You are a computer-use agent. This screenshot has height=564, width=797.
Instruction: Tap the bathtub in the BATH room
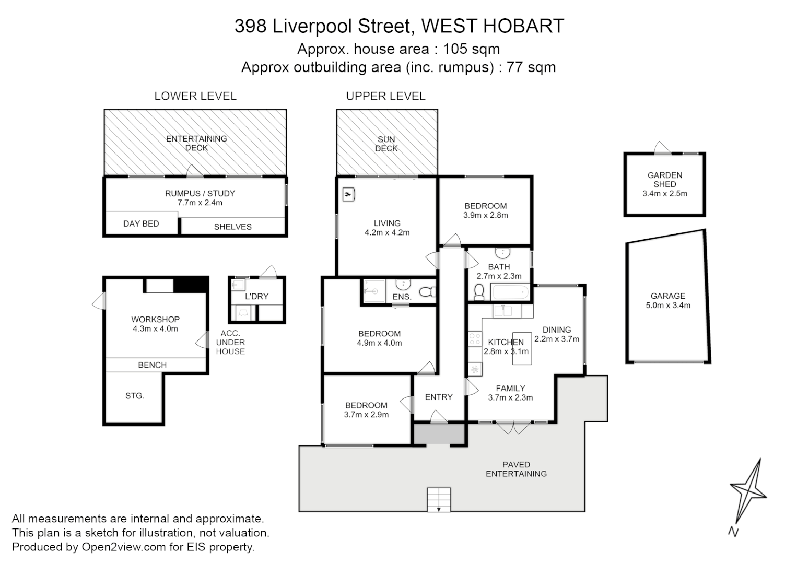(x=510, y=292)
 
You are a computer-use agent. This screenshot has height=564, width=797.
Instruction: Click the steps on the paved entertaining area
(x=439, y=500)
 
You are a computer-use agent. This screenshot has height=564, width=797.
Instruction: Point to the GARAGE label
(x=667, y=296)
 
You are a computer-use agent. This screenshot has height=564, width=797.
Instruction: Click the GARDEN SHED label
(x=665, y=180)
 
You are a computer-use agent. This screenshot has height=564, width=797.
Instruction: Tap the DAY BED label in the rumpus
(x=141, y=224)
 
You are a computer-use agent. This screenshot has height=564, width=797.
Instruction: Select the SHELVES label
(x=232, y=227)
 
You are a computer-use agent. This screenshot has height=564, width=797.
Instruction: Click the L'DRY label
(x=256, y=296)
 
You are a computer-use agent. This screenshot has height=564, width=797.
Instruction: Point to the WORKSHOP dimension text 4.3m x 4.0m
(x=155, y=328)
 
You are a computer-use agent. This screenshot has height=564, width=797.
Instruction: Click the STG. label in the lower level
(x=135, y=396)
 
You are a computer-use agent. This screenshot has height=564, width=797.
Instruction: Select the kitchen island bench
(x=522, y=348)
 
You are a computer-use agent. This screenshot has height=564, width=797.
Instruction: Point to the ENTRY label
(x=439, y=397)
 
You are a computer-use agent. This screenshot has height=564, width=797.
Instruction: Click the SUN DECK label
(x=386, y=144)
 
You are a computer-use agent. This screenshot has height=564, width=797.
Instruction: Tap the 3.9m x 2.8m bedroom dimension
(x=485, y=215)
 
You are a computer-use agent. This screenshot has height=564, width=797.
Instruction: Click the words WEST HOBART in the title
(x=493, y=26)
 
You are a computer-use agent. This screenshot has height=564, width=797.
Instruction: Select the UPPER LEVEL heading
(x=385, y=96)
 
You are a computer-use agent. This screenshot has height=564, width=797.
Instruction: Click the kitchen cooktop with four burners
(x=475, y=338)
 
